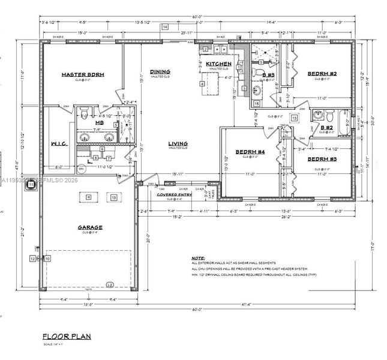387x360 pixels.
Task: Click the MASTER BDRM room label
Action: (x=83, y=74)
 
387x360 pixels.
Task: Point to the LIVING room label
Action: (x=178, y=143)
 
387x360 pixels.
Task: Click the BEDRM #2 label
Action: (x=322, y=74)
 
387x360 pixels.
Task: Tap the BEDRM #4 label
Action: (x=246, y=152)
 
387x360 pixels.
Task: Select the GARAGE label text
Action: (x=89, y=227)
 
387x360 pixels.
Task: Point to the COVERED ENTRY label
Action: (x=173, y=195)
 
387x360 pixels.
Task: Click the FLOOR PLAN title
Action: (x=67, y=337)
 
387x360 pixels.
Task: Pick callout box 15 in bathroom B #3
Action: (x=256, y=104)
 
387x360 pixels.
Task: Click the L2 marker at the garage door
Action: (x=109, y=284)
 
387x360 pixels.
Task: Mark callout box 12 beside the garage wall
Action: (x=32, y=259)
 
